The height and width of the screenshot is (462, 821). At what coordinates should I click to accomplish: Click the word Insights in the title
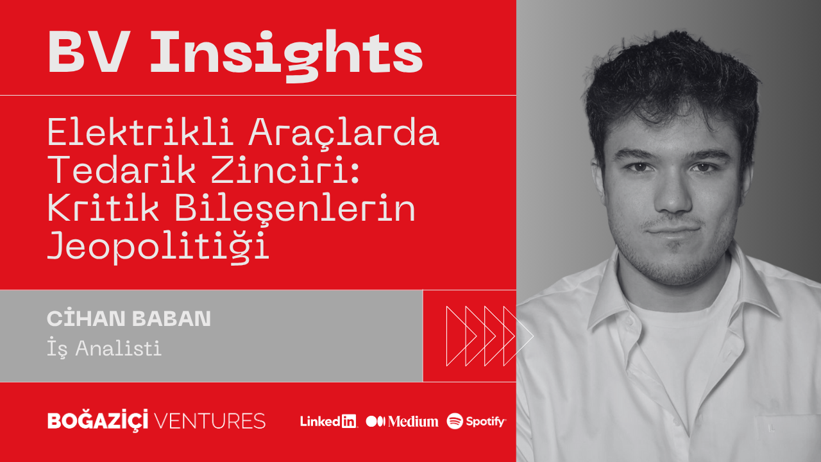pos(286,55)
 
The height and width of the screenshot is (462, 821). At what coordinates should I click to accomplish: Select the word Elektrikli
pos(140,132)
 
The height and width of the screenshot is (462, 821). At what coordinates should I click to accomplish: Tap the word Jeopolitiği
pos(158,246)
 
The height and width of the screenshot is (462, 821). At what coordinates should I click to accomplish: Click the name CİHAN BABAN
pos(129,318)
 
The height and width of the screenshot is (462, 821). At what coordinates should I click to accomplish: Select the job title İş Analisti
pos(104,348)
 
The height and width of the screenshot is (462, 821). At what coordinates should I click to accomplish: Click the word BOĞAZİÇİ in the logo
pos(98,420)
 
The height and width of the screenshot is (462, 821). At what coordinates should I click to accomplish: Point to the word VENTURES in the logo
pos(209,421)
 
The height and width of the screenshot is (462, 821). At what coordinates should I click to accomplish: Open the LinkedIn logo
pos(328,421)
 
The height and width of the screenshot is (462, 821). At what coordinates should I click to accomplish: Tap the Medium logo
pos(402,422)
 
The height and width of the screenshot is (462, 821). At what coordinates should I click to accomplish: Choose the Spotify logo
pos(476,421)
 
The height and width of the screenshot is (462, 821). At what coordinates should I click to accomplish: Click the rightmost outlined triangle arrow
pos(518,336)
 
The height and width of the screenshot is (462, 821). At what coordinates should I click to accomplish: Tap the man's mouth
pos(673,231)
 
